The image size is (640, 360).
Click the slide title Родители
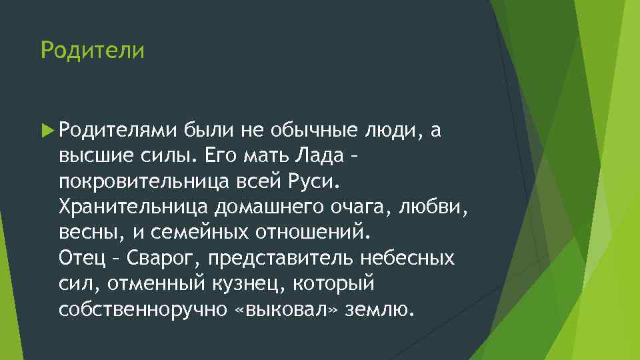pyautogui.click(x=92, y=51)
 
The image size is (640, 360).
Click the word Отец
pyautogui.click(x=77, y=257)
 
